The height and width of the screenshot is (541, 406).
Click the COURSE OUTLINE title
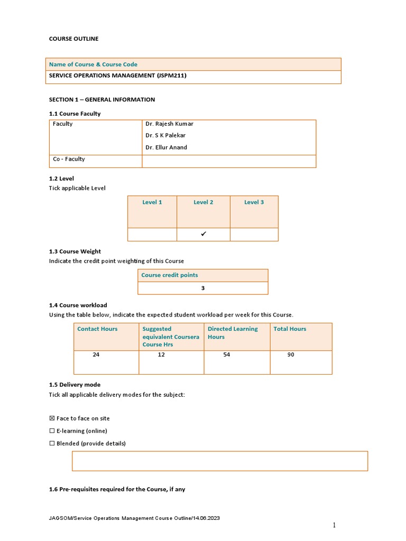73,39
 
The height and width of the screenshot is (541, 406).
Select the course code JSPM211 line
117,76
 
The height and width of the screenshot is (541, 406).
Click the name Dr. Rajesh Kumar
169,124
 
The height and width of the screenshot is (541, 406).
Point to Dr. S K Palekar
165,136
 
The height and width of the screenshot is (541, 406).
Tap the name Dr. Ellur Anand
166,148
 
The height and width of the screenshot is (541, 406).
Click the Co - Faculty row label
69,160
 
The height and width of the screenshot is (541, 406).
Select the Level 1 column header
152,202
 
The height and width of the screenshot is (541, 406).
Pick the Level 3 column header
254,202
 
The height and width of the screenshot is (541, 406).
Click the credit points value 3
202,288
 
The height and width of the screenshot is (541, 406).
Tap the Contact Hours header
97,329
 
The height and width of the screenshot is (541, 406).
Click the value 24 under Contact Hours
96,355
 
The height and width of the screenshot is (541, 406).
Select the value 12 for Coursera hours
161,355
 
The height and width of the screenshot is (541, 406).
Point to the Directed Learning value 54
227,355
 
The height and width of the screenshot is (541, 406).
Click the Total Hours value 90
291,355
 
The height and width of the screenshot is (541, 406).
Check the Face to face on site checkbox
52,418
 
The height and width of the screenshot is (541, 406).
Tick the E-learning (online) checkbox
52,431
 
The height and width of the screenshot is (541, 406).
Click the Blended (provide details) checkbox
52,444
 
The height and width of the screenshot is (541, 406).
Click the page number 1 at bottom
334,525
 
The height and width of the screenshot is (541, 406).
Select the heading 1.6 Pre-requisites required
117,490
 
